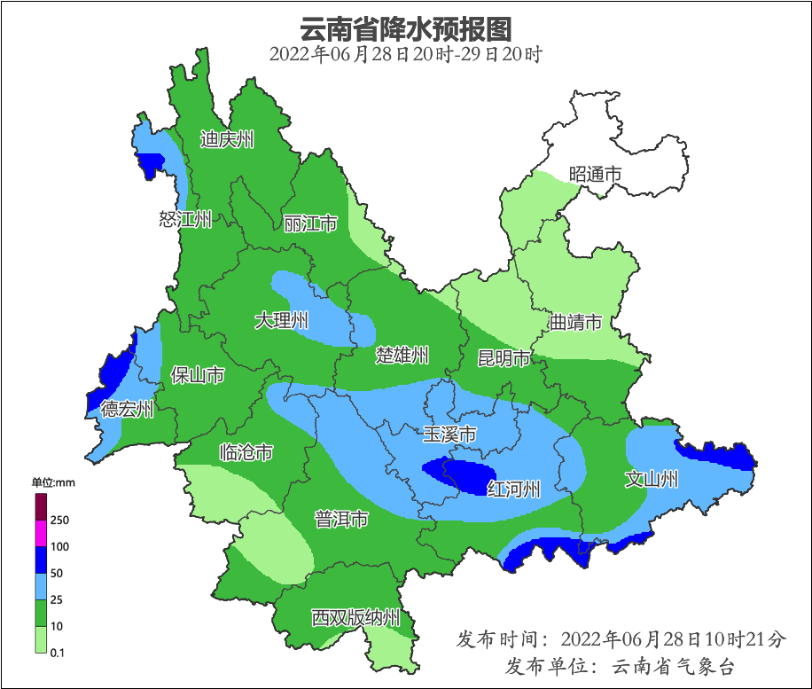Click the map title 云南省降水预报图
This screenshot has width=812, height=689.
[x=406, y=29]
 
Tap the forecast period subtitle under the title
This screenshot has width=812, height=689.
[x=406, y=54]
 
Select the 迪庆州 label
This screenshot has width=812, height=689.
[x=227, y=139]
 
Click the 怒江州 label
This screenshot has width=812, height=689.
[x=185, y=219]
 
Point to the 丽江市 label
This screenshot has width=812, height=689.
[x=310, y=223]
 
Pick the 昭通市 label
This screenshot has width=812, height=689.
[x=595, y=175]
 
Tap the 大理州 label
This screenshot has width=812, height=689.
[x=281, y=320]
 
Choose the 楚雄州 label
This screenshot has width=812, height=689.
[x=402, y=356]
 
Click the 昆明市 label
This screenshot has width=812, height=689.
[x=504, y=358]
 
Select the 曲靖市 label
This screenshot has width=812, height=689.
[x=575, y=322]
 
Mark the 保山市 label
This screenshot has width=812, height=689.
[x=197, y=376]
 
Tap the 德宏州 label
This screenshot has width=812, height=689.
[x=127, y=409]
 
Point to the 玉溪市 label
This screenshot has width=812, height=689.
[x=449, y=435]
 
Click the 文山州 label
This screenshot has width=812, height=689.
[x=652, y=480]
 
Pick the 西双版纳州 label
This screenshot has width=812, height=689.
[x=355, y=618]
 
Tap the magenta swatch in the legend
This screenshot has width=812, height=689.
[x=41, y=534]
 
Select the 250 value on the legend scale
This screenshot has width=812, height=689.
[x=60, y=521]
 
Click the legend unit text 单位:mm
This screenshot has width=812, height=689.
[x=54, y=482]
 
